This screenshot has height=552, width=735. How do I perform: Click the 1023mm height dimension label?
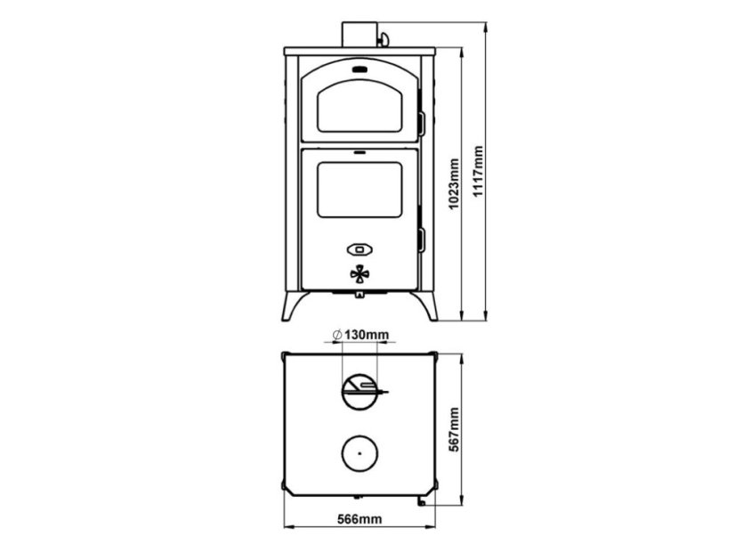(454, 183)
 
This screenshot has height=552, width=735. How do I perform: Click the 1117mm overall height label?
(478, 172)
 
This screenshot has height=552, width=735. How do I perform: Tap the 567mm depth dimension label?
(454, 430)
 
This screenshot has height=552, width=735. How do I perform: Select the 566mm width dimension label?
(359, 519)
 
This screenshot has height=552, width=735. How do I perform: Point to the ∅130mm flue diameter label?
(360, 335)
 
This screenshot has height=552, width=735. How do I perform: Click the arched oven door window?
(359, 106)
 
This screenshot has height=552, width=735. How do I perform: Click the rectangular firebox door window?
(359, 190)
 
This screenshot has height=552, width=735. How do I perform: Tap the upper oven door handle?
(422, 124)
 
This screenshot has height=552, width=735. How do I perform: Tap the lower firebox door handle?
(422, 240)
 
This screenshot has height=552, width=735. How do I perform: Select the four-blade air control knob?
(359, 274)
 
